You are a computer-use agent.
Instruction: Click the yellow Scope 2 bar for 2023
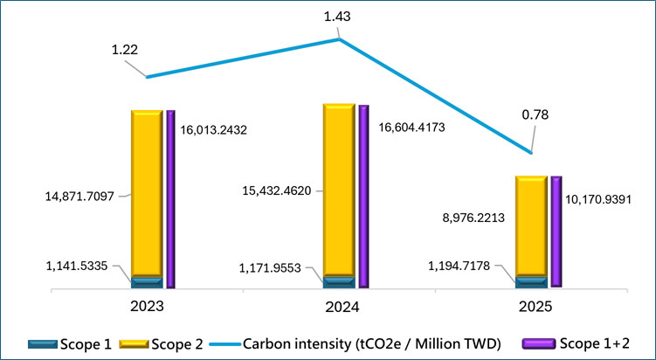147,193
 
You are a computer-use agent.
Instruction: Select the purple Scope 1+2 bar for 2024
364,197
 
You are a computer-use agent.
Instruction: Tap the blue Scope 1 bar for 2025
531,282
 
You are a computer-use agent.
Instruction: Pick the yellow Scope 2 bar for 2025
531,226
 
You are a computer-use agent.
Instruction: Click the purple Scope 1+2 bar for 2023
170,199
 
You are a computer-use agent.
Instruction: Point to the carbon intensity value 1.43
337,17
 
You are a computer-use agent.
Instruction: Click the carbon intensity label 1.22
125,50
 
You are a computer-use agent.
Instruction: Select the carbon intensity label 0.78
535,114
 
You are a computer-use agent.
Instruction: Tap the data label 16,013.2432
214,130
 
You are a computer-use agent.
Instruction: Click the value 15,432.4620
277,191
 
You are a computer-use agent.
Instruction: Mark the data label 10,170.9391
598,200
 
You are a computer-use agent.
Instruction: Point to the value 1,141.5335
77,266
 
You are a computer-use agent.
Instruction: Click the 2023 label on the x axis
147,306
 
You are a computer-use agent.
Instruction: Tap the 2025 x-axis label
535,307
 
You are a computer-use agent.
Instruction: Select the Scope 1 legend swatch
42,344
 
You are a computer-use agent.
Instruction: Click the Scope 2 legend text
177,344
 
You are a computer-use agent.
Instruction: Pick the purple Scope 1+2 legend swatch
539,344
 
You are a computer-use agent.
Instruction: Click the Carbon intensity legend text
372,344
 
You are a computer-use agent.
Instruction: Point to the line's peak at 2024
339,39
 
